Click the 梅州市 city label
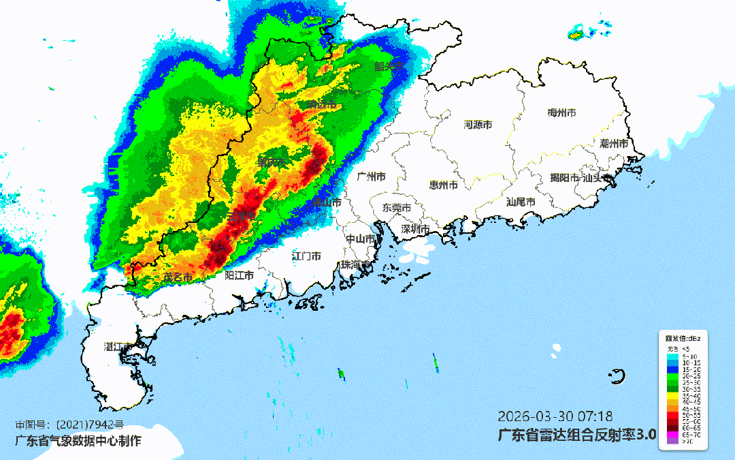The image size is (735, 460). point(561,112)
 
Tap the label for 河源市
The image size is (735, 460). point(478,125)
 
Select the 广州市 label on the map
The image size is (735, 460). point(371,177)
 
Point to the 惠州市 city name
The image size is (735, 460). point(443,185)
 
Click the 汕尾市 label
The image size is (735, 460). point(521,202)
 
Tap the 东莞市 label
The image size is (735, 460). point(396,207)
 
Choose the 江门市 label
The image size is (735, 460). point(306,256)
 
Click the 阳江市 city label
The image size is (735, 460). point(240,275)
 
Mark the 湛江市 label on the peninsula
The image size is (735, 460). point(118,347)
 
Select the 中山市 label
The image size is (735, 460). point(360,239)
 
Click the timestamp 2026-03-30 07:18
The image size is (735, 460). point(555,416)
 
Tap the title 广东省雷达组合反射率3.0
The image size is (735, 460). point(577,434)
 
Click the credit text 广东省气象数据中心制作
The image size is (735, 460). point(78,440)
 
